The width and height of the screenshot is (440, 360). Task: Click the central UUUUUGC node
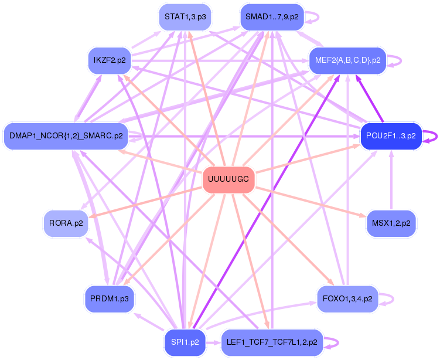point(228,180)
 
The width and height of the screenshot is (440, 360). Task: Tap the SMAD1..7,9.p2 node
point(272,17)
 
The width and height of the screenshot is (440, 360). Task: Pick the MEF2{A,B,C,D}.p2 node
point(347,60)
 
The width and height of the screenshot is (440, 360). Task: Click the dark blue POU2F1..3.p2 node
point(391,136)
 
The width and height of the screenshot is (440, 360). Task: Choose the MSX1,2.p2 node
point(391,223)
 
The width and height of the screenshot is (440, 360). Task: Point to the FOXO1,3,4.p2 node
point(347,298)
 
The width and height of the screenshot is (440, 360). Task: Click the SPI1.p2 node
point(184,341)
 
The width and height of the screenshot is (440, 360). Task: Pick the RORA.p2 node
point(66,223)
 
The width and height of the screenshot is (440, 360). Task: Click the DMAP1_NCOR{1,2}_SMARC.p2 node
point(66,136)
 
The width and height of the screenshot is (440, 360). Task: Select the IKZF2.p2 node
point(110,60)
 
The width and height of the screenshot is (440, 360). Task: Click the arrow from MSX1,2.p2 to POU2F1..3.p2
point(391,182)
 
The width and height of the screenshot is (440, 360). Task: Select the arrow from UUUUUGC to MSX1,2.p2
point(311,202)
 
